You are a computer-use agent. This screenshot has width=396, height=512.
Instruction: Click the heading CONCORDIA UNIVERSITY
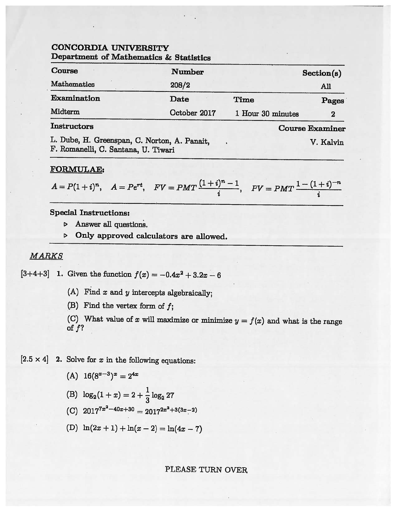110,48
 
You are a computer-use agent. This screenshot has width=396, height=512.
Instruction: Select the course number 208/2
180,85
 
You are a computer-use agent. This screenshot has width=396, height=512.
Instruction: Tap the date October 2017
192,113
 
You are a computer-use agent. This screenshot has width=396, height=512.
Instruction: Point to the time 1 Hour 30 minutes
267,114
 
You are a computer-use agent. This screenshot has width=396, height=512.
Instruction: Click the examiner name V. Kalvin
326,143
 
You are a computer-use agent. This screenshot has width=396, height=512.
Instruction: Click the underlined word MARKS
46,256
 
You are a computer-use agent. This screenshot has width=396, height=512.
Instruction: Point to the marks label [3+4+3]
35,274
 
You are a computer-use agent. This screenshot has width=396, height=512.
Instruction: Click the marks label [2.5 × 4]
34,359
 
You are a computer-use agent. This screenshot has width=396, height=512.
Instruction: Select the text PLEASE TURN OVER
206,469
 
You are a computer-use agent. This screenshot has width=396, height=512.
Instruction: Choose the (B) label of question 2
72,394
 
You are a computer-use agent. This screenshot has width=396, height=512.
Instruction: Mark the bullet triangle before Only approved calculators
66,236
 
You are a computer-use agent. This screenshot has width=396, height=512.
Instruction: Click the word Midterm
65,112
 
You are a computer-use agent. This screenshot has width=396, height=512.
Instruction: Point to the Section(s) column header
321,73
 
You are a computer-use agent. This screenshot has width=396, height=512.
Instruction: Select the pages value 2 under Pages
333,114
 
